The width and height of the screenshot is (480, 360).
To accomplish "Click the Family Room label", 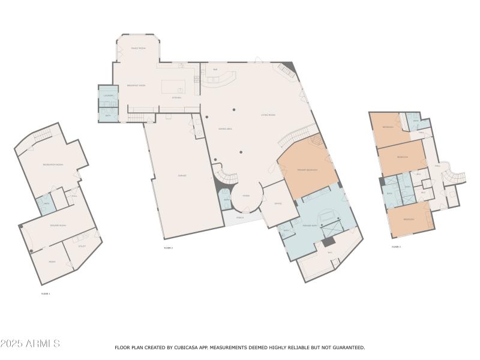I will (x=139, y=48).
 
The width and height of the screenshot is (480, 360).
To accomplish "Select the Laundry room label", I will (x=109, y=95).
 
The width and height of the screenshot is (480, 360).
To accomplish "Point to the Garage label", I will (x=182, y=175).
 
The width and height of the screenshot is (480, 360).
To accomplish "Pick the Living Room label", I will (x=268, y=115).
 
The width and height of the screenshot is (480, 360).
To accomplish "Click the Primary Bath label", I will (x=310, y=225).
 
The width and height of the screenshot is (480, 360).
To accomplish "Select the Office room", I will (x=278, y=203).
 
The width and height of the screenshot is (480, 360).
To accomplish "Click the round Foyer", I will (x=245, y=196).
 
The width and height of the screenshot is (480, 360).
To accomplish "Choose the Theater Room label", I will (x=58, y=225).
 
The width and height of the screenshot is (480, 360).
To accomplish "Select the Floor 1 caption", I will (x=46, y=293).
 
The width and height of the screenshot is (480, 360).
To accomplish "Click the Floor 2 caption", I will (x=168, y=248).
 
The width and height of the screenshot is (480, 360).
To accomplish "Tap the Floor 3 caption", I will (x=396, y=247).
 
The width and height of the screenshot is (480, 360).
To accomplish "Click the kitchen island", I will (x=178, y=86).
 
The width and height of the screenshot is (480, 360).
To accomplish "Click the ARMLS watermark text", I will (x=30, y=344).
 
